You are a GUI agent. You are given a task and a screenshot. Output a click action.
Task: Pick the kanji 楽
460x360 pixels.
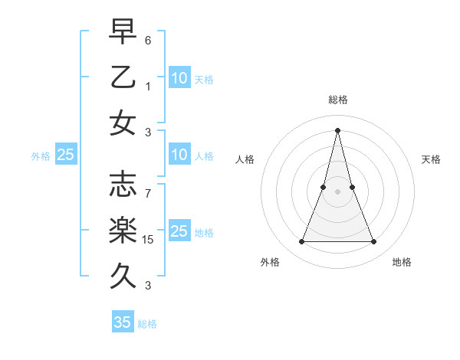coord(123,228)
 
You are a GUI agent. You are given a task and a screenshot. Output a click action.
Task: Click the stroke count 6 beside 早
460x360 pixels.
coord(149,38)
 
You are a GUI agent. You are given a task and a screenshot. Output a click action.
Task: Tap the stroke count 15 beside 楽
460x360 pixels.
coord(149,240)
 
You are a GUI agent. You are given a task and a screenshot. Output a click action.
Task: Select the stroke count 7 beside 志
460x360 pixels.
coord(149,185)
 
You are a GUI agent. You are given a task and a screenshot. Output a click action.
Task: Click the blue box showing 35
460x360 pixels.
coord(123,322)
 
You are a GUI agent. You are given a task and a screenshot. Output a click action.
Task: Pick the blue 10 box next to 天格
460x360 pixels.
coord(179,77)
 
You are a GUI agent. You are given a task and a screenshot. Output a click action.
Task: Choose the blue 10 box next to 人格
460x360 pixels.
coord(179,155)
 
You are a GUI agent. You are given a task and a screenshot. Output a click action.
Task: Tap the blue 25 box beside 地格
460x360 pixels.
coord(179,231)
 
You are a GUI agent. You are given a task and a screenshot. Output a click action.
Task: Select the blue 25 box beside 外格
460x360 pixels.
coord(65,155)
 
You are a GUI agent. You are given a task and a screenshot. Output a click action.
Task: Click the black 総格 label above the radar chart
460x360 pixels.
coord(337,100)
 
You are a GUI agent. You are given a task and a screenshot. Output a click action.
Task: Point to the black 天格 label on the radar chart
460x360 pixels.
coord(431,159)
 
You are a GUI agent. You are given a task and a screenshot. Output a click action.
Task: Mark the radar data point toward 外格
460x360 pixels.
coord(301,242)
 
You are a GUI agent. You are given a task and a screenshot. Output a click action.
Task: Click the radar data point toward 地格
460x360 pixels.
coord(374,242)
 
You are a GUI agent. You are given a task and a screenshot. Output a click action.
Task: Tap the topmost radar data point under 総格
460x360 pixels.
coord(337,129)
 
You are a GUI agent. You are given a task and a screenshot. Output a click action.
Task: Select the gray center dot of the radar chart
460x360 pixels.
coord(337,191)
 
